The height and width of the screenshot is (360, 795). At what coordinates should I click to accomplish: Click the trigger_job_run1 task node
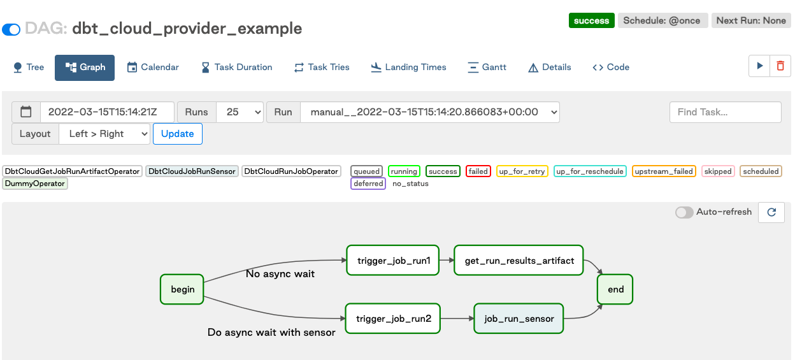point(392,260)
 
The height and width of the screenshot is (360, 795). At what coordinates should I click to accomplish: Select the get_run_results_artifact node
point(519,260)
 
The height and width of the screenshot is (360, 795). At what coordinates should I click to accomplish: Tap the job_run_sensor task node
point(519,318)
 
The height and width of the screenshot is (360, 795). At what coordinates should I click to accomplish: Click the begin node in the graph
point(182,289)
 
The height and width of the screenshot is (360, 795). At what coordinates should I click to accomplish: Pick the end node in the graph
point(615,289)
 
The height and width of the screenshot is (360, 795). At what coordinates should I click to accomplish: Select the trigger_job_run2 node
point(393,318)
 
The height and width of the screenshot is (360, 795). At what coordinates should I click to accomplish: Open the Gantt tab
point(487,67)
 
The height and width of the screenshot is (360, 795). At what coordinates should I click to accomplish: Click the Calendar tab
point(153,67)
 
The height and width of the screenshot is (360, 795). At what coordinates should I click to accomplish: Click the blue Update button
point(177,134)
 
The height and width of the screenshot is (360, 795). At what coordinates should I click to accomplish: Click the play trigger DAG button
point(759,66)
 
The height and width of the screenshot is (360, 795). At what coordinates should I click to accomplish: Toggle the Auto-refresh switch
point(685,212)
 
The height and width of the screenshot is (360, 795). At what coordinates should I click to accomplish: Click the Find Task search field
point(725,112)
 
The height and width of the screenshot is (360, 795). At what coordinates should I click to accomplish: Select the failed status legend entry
point(478,171)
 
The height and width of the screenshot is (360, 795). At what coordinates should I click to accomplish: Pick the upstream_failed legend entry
point(664,171)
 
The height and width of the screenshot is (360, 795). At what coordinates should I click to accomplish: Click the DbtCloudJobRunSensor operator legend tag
point(192,171)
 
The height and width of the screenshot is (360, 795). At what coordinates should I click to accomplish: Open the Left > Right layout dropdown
point(104,134)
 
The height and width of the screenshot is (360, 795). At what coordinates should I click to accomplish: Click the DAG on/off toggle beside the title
point(11,29)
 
